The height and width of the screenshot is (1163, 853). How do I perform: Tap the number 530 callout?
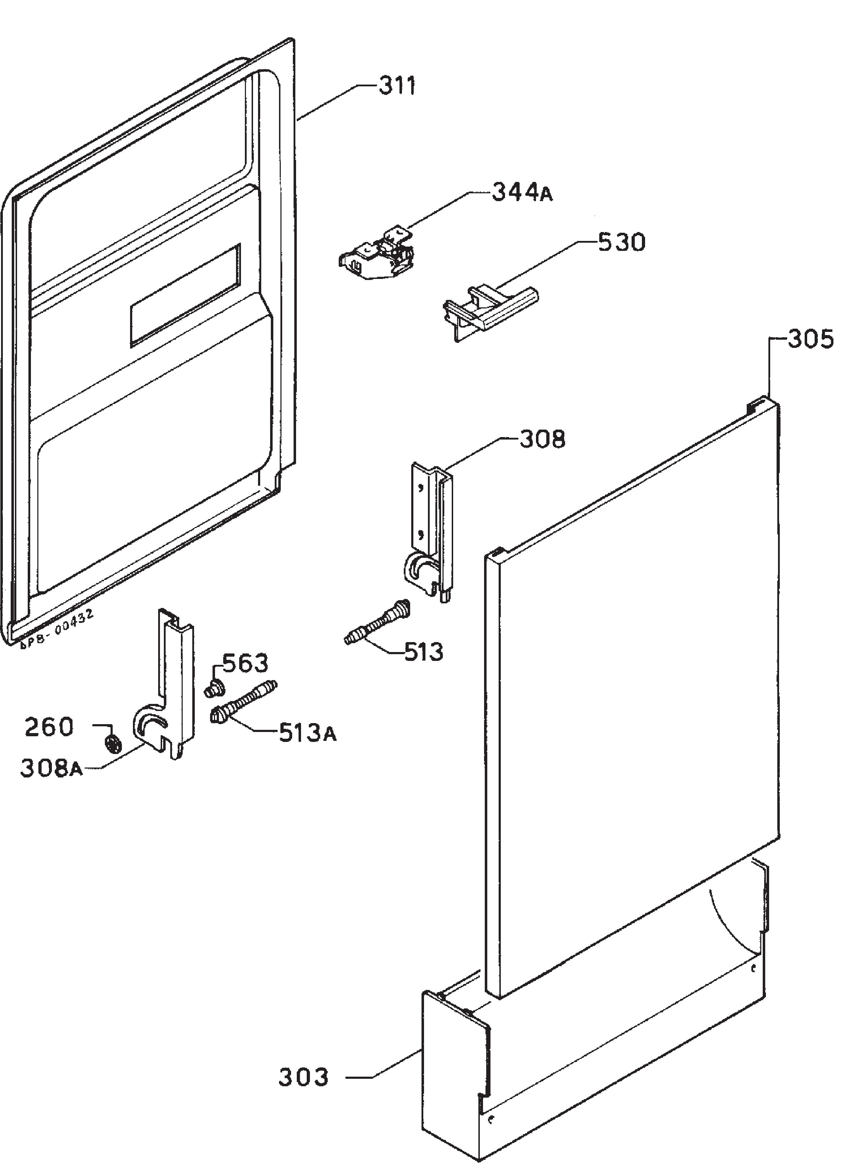coord(622,242)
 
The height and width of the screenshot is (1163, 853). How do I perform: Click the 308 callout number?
coord(542,439)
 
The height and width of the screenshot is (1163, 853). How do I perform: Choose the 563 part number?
coord(245,663)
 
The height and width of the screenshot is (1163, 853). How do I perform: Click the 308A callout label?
coord(51,768)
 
